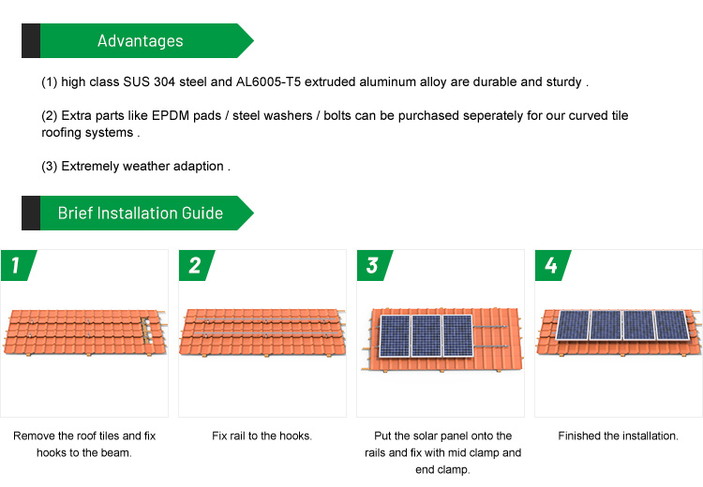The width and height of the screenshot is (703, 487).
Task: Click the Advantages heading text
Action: click(x=141, y=41)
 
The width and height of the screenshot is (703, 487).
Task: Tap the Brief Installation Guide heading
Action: click(x=141, y=213)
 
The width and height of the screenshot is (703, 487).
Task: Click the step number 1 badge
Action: click(x=18, y=265)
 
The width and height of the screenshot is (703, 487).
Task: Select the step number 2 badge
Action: click(x=197, y=265)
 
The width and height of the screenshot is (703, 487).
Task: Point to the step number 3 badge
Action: click(x=374, y=265)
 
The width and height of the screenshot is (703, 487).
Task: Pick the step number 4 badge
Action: click(x=552, y=265)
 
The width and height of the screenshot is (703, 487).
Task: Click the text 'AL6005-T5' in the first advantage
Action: click(x=268, y=82)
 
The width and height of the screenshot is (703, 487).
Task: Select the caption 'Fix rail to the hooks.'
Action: click(x=262, y=435)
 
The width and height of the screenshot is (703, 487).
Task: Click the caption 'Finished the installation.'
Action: click(x=619, y=435)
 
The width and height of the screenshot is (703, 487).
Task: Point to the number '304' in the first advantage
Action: click(x=164, y=82)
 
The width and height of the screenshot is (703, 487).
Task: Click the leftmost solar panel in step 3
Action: click(x=395, y=336)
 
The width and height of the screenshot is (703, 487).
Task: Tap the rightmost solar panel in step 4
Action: click(x=672, y=325)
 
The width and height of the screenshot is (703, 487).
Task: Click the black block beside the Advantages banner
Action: click(x=31, y=41)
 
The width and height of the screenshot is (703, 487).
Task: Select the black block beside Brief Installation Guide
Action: click(x=31, y=213)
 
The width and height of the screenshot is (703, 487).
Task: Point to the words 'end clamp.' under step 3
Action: click(x=442, y=470)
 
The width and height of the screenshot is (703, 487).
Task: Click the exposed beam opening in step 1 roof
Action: click(x=146, y=331)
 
